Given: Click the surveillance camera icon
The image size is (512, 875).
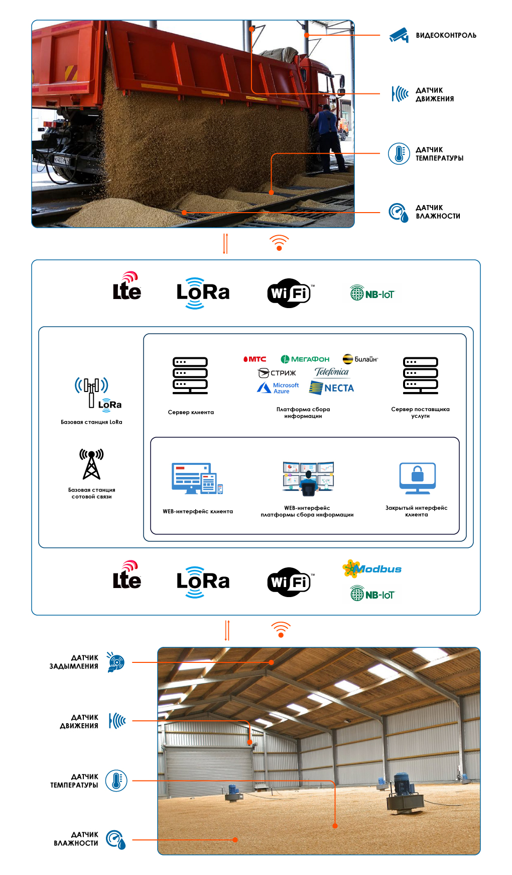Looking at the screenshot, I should point(399,35).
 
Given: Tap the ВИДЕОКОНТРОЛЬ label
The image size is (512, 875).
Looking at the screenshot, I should point(446,36).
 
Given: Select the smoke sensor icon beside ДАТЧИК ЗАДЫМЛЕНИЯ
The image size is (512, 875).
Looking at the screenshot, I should point(116,662).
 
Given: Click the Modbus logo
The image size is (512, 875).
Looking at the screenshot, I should point(372,569).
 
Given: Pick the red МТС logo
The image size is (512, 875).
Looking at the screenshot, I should point(254,359).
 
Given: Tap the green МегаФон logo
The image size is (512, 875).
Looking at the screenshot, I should point(305,359).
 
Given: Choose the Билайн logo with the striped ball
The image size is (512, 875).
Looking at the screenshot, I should point(360,359).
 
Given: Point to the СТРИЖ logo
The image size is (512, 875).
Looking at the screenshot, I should point(277,373).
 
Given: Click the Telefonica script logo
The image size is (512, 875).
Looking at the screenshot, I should point(331,372).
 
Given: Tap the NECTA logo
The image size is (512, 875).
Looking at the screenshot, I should point(332,388).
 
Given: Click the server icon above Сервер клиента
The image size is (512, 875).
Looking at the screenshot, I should point(190,375).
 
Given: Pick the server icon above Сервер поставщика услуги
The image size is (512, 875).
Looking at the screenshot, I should point(421,375).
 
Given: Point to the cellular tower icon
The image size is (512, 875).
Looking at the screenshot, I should point(91,464).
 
